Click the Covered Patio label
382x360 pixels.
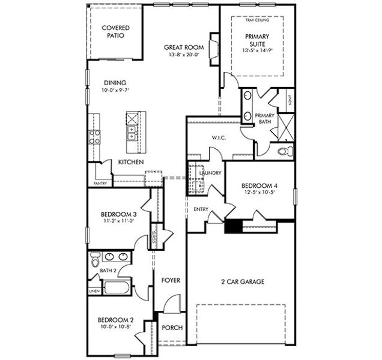coord(116,32)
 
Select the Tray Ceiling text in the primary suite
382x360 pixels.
coord(257,20)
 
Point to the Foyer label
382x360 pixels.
coord(171,280)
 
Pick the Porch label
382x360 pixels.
coord(172,328)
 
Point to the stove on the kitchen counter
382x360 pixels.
coord(94,137)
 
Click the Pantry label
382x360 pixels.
coord(99,183)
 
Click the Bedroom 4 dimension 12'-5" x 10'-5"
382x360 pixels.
coord(259,192)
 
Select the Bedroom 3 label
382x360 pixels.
coord(118,214)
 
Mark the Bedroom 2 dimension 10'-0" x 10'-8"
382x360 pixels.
coord(115,328)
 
